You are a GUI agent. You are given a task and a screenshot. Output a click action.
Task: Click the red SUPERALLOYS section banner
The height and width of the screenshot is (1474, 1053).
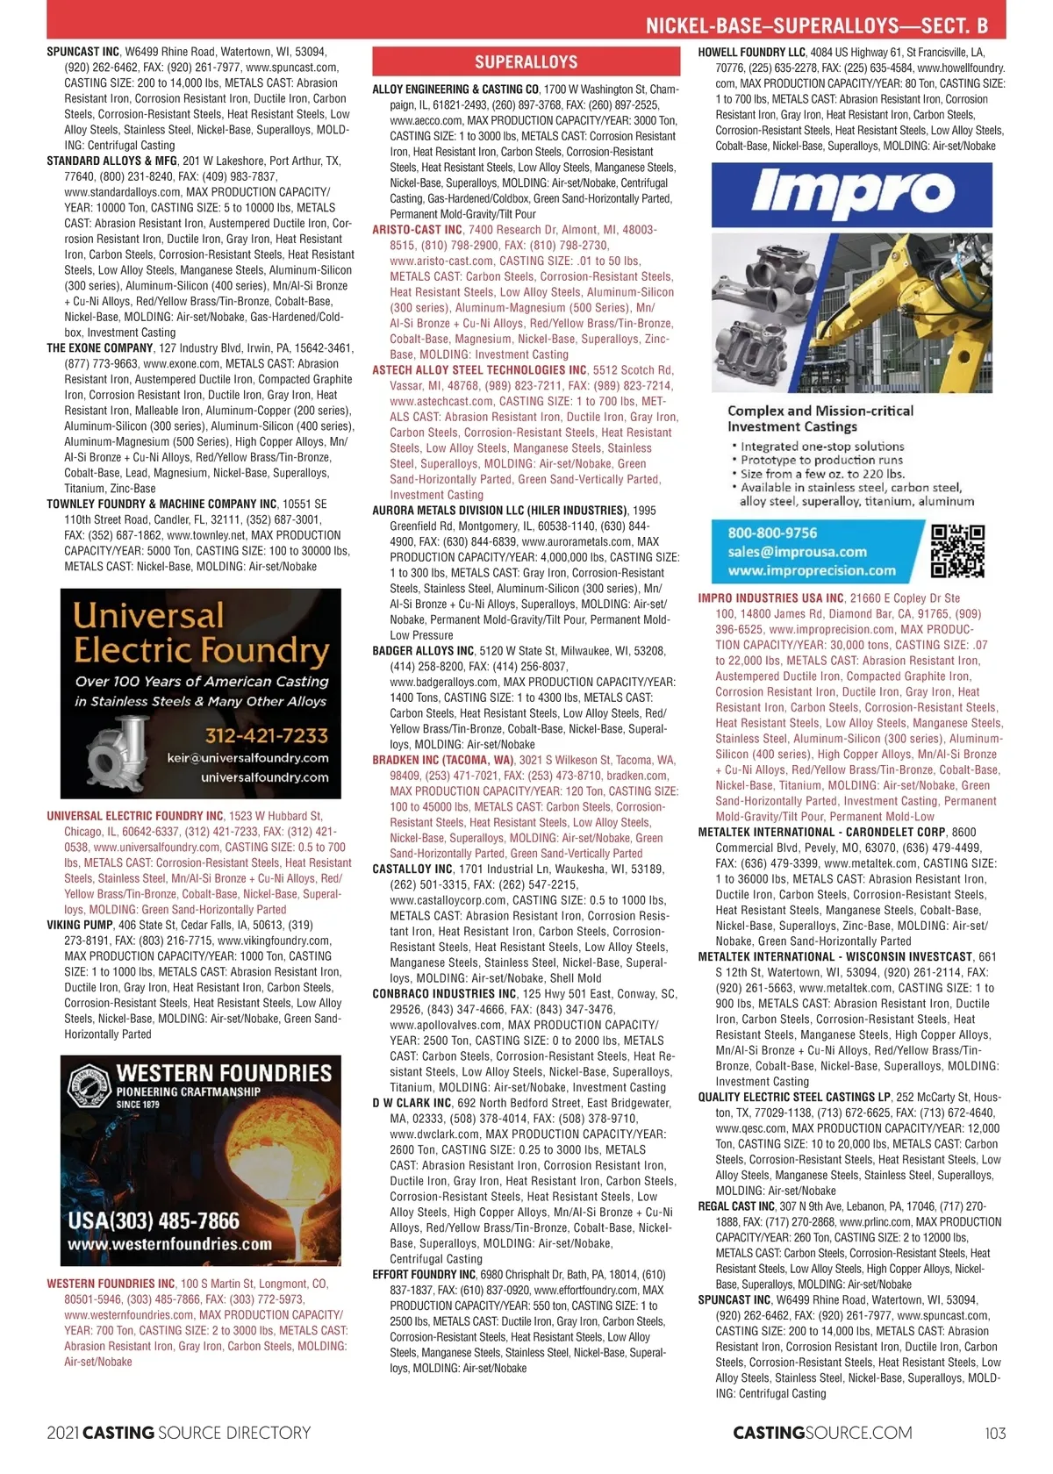[x=526, y=61]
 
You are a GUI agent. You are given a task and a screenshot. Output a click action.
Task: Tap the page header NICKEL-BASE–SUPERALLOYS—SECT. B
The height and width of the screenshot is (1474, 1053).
[x=825, y=25]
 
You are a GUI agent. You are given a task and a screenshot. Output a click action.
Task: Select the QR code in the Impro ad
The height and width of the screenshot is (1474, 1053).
[x=957, y=551]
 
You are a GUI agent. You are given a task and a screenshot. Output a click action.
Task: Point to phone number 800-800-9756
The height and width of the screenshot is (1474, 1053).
[x=772, y=533]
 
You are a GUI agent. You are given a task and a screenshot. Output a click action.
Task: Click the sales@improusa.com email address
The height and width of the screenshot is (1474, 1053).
[x=797, y=552]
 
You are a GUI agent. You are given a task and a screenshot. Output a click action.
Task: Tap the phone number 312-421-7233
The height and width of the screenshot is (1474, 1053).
[x=266, y=735]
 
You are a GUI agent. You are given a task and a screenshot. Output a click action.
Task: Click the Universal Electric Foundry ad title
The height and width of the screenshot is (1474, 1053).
[x=201, y=633]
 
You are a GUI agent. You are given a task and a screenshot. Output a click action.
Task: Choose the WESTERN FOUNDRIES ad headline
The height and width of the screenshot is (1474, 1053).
[x=224, y=1073]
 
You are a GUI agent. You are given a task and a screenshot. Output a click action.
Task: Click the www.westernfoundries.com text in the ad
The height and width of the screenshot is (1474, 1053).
[x=169, y=1243]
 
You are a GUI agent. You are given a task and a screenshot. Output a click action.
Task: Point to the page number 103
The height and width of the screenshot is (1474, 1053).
[x=995, y=1433]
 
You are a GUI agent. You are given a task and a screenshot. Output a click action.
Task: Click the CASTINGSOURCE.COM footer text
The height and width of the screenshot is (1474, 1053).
[x=822, y=1433]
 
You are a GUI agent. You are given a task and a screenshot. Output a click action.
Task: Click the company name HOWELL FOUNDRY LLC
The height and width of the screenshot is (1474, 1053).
[x=751, y=53]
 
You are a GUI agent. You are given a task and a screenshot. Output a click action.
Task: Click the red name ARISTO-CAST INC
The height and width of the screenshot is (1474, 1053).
[x=417, y=230]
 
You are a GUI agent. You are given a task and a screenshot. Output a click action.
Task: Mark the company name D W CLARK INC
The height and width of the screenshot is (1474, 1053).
[x=412, y=1103]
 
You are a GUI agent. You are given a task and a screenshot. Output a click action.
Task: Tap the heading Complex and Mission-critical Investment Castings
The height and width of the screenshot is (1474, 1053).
[x=820, y=419]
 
